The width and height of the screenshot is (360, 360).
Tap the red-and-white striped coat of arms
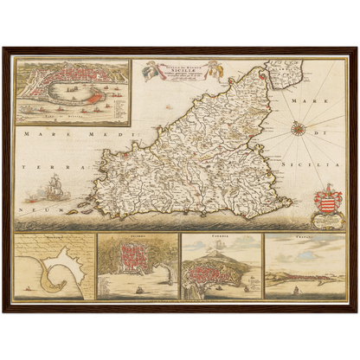pos(330,205)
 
